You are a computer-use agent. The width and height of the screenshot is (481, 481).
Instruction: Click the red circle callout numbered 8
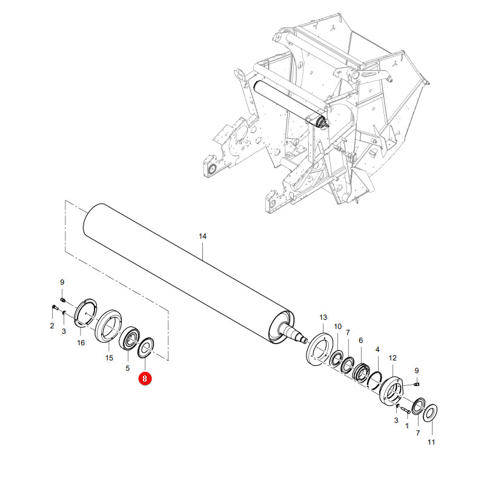pos(145,379)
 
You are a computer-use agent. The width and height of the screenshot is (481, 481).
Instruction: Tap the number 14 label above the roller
pos(202,236)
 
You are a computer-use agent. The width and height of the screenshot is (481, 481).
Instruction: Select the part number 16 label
pos(81,343)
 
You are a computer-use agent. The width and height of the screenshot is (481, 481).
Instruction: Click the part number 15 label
pos(109,358)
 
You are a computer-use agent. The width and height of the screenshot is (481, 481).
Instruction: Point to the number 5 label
pos(128,368)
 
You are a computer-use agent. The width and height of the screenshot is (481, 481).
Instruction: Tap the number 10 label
pos(338,327)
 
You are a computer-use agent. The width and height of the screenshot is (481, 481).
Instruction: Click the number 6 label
pos(361,340)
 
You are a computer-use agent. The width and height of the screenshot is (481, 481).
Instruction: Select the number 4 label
pos(377,350)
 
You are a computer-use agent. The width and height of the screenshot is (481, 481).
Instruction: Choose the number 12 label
pos(393,358)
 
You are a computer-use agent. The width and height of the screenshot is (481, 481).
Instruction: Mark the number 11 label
pos(431,442)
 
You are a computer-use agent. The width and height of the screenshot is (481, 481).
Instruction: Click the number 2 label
pos(52,326)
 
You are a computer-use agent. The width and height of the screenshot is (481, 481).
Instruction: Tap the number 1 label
pos(406,426)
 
